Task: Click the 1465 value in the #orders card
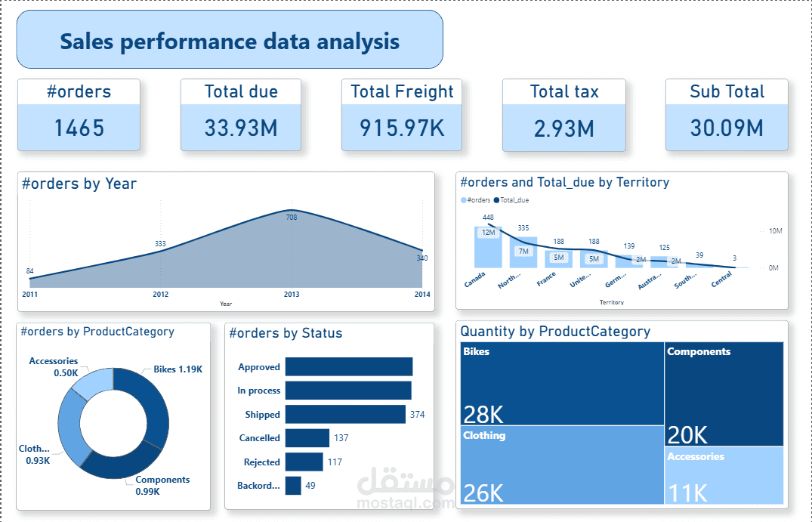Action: [x=79, y=127]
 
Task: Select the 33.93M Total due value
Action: [x=241, y=127]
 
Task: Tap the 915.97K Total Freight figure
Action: [x=402, y=127]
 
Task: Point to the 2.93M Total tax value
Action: [x=563, y=127]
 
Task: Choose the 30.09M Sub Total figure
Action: [x=726, y=127]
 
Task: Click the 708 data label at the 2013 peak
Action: [x=292, y=218]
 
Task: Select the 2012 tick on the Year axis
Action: [x=160, y=294]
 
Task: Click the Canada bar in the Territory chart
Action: [x=487, y=247]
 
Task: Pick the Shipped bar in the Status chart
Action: [x=345, y=414]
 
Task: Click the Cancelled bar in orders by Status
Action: [x=307, y=438]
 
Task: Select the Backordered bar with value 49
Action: [x=293, y=486]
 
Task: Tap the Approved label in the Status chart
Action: [x=259, y=367]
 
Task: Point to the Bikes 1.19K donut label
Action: [x=178, y=369]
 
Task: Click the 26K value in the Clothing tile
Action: [x=483, y=493]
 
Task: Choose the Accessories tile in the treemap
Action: [x=724, y=476]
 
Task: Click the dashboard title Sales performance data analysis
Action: [x=230, y=41]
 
